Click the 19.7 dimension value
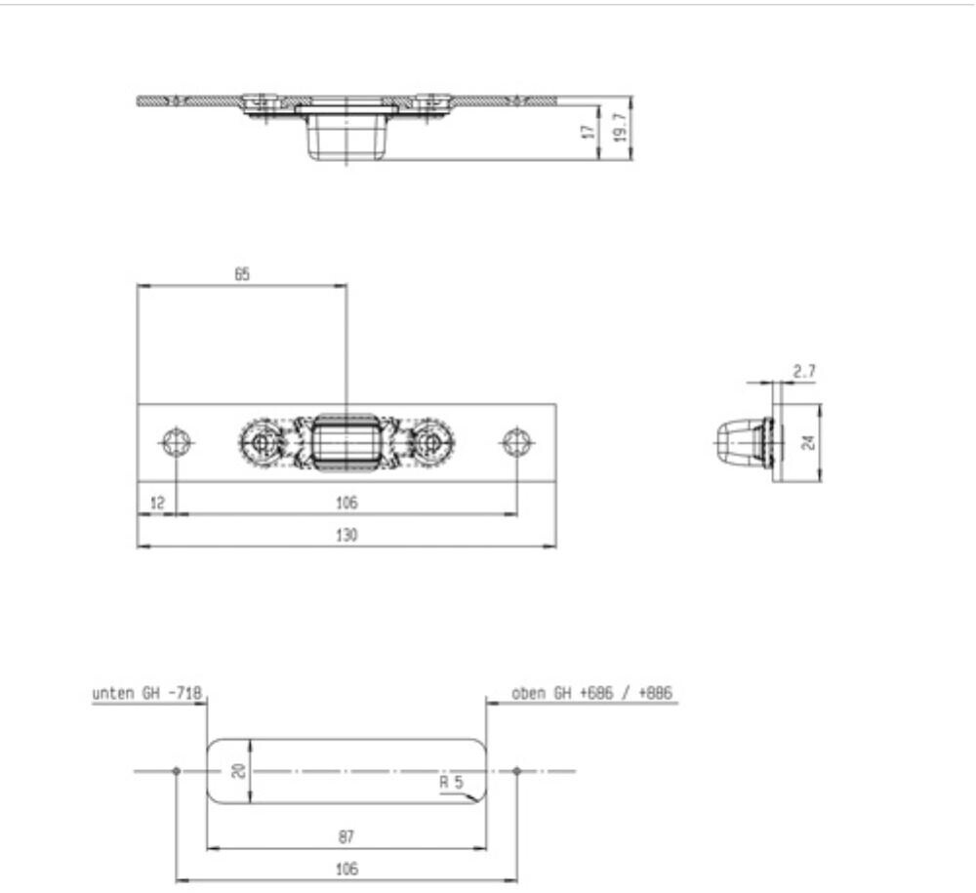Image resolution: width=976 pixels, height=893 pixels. pos(620,128)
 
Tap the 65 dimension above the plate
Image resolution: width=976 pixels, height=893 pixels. pos(242,274)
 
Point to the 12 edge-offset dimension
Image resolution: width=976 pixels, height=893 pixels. pos(157,503)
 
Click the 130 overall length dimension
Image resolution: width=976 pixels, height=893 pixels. pos(346,535)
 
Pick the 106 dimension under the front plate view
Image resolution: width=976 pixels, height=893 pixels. pos(346,503)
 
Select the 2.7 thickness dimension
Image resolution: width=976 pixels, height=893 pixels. pos(803,372)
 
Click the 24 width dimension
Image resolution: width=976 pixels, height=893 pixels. pos(808,442)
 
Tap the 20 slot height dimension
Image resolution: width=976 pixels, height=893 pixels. pos(238,771)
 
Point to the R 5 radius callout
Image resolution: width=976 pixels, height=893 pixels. pos(451,782)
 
